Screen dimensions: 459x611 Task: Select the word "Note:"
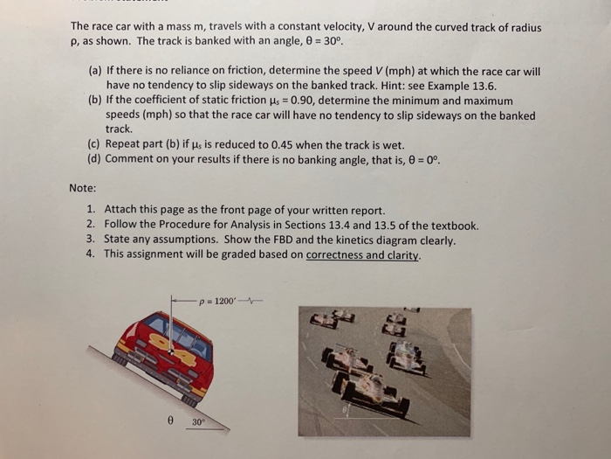coord(83,187)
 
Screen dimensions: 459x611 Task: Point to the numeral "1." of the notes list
coord(92,210)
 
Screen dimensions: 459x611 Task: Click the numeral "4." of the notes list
coord(92,254)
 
